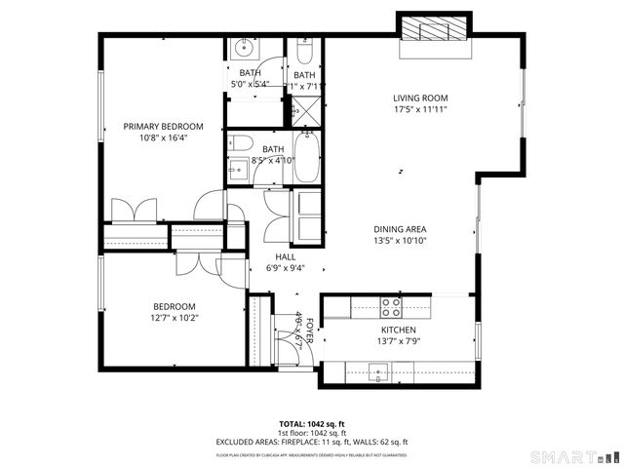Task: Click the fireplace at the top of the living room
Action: (434, 28)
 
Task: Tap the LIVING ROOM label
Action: (420, 97)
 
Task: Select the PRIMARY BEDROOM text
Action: (163, 127)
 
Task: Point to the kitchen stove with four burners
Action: (391, 307)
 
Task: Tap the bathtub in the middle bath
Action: (305, 159)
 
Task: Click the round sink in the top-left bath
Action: (242, 48)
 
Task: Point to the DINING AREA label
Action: (401, 228)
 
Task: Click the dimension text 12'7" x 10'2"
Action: (174, 318)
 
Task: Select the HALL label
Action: (285, 256)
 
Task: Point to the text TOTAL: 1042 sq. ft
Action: (311, 424)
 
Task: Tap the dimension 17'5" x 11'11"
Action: (420, 109)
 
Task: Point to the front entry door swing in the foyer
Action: (302, 351)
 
